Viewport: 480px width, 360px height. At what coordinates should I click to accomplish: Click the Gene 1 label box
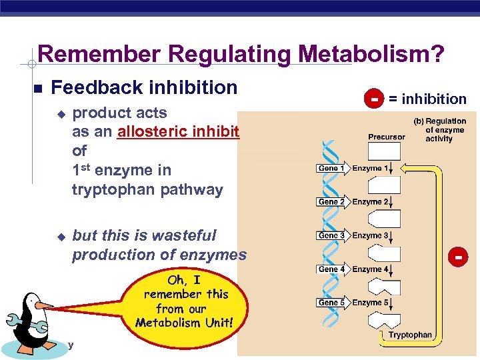[331, 169]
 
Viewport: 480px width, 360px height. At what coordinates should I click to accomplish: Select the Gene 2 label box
[331, 202]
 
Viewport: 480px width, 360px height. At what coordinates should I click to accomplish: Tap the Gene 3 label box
[331, 235]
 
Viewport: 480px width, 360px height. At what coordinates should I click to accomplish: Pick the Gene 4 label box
[331, 269]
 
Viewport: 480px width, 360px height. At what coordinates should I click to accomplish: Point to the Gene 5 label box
[331, 303]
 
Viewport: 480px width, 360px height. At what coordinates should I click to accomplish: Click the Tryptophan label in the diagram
[409, 335]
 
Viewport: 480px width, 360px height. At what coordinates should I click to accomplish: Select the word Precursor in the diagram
[386, 137]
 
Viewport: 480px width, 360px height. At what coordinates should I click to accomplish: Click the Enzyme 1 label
[370, 169]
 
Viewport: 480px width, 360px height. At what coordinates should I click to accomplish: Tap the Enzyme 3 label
[370, 235]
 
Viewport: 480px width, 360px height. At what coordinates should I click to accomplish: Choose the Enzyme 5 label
[370, 303]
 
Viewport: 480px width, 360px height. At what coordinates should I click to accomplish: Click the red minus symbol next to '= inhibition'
[375, 99]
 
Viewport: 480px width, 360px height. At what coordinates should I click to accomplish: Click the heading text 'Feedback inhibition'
[144, 87]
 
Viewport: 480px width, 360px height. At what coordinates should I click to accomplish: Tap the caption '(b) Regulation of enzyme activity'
[439, 130]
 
